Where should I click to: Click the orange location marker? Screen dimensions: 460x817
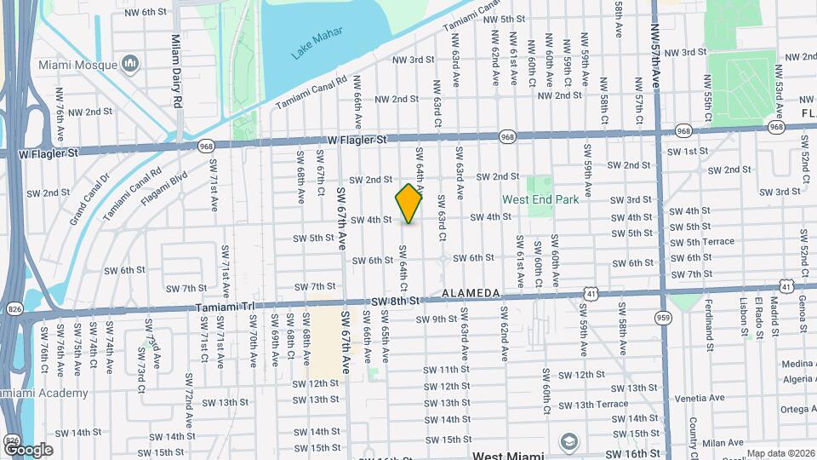409,204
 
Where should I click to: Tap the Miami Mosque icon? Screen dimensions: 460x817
130,65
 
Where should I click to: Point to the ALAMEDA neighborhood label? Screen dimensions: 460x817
471,293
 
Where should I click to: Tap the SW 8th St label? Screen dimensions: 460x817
397,301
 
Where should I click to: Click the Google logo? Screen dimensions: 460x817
28,449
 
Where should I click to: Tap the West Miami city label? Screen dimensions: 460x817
509,456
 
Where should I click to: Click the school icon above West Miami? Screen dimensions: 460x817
568,440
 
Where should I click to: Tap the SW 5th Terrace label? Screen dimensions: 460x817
702,241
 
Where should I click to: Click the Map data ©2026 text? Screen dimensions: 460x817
781,453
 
